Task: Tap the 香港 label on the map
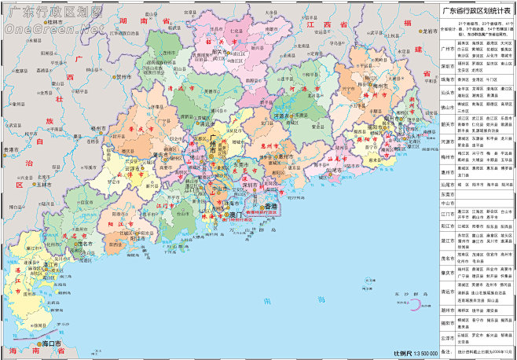[x=271, y=206]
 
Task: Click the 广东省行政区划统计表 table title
[x=477, y=12]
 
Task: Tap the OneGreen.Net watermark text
[x=53, y=29]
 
